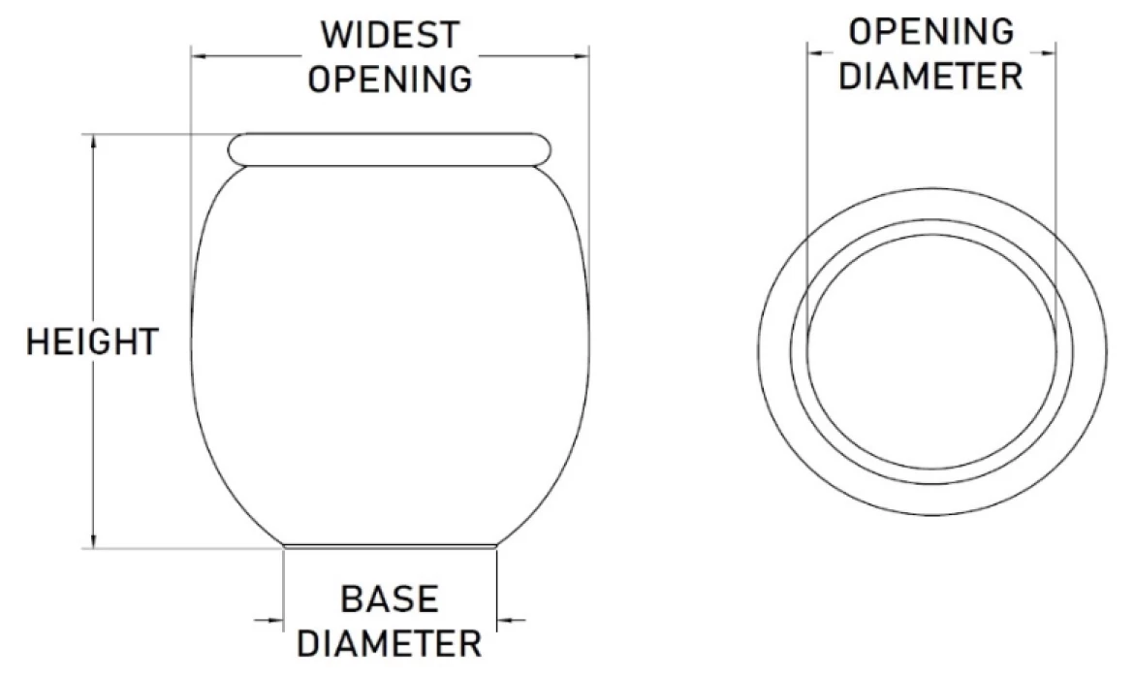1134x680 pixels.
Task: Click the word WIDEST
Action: [x=391, y=35]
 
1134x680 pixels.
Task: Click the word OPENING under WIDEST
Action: [x=391, y=79]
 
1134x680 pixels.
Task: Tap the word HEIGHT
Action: [x=92, y=341]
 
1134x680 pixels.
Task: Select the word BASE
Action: [x=389, y=599]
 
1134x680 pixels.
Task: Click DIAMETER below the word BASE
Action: [x=389, y=643]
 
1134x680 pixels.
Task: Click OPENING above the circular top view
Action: [x=930, y=32]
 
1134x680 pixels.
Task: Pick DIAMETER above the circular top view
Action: [x=930, y=76]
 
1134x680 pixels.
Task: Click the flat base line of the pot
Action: [x=390, y=547]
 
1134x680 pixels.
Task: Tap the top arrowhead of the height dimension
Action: [x=93, y=141]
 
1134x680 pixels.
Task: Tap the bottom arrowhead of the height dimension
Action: [x=93, y=541]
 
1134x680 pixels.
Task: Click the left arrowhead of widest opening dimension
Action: [x=200, y=54]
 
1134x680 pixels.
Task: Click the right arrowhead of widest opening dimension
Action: [x=581, y=54]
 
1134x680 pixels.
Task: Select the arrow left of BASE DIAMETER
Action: [x=269, y=620]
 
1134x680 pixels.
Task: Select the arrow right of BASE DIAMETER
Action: [x=511, y=620]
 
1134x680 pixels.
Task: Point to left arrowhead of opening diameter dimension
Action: [x=816, y=52]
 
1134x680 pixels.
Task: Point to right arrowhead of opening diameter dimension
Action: [x=1047, y=52]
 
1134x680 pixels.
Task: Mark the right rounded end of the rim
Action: [x=544, y=150]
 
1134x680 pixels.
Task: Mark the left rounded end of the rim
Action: [x=236, y=150]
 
